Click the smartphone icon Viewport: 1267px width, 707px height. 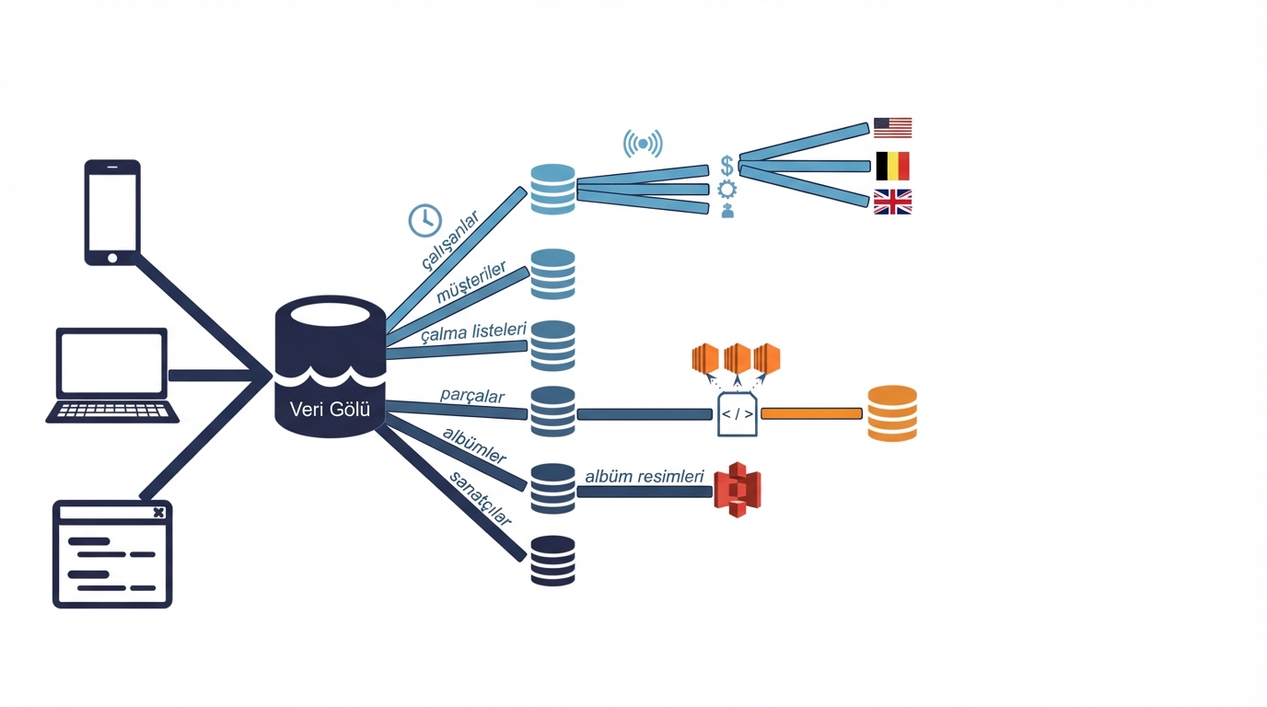112,213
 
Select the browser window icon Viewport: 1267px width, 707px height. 112,554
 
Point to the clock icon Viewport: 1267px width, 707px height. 424,220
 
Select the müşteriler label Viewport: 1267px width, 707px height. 471,282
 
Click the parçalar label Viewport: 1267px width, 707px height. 472,396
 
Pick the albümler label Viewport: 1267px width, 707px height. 474,445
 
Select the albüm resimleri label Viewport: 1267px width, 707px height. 645,477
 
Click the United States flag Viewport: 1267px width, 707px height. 892,128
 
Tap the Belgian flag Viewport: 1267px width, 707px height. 892,166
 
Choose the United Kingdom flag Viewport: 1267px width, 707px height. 892,202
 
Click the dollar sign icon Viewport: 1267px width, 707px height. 727,166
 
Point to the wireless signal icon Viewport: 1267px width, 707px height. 643,144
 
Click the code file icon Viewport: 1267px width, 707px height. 738,414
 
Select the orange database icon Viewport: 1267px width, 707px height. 892,413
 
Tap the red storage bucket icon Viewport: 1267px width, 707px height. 738,489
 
